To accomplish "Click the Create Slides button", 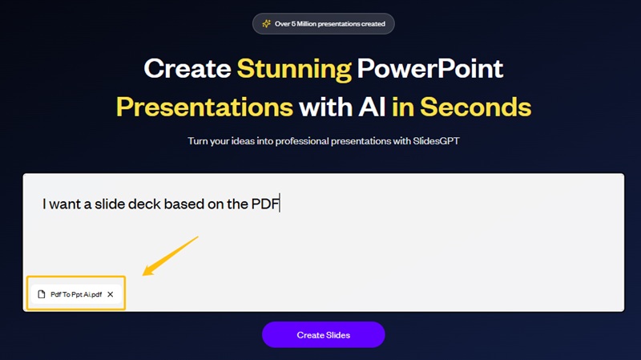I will click(323, 334).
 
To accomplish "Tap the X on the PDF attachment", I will click(111, 295).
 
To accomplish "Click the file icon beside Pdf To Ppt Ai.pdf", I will click(42, 295).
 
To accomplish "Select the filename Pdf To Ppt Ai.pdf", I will click(76, 295).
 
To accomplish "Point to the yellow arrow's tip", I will click(145, 273).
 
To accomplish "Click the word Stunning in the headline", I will click(294, 69).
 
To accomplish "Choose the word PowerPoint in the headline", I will click(430, 69).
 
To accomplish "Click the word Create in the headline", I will click(187, 69).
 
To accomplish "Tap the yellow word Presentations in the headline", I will click(204, 107).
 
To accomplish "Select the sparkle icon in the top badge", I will click(266, 24).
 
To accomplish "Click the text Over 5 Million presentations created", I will click(329, 24).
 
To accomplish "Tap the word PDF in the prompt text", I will click(264, 204).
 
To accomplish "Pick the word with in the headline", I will click(323, 107).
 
